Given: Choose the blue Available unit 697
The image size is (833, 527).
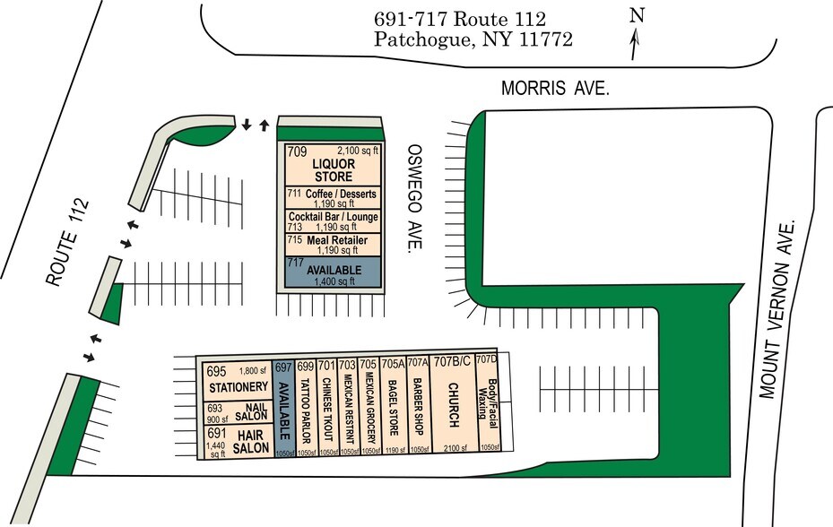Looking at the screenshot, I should tap(283, 408).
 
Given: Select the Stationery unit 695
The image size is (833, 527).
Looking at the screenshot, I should tap(238, 382).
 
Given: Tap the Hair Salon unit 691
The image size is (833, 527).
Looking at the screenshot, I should tap(238, 441).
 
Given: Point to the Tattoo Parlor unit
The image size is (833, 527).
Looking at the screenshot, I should tap(305, 408).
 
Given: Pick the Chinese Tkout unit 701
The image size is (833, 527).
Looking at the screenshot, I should tap(327, 408).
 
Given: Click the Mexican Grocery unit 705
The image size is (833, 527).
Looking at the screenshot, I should tap(369, 408).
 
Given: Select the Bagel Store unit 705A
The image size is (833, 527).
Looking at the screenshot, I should tap(393, 408).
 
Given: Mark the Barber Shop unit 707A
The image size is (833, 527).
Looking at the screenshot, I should tap(418, 408).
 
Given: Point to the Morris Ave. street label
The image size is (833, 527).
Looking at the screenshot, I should tap(555, 90).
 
